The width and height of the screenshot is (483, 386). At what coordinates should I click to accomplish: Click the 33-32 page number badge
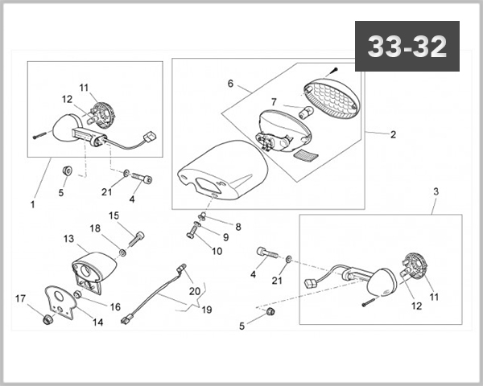[x=407, y=47]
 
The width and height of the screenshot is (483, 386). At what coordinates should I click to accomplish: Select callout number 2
[x=393, y=134]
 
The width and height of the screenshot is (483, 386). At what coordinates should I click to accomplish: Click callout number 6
[x=230, y=83]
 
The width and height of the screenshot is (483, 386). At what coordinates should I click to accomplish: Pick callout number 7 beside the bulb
[x=274, y=102]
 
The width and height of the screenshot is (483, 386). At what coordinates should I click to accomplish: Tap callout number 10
[x=217, y=251]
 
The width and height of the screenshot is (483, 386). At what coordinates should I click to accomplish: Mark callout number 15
[x=114, y=215]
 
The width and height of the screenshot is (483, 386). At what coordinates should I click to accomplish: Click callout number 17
[x=20, y=299]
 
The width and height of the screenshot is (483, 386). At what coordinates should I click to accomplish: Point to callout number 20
[x=194, y=290]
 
